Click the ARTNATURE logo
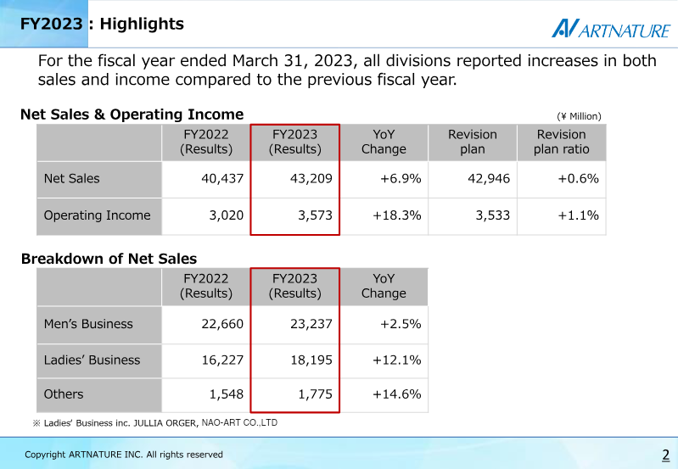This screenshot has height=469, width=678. [610, 30]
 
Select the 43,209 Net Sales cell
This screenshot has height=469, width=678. [309, 178]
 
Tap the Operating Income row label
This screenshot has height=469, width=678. [97, 215]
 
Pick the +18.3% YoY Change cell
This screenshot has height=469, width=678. [397, 215]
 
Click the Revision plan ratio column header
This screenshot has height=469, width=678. [561, 142]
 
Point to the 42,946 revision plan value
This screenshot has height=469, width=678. [488, 178]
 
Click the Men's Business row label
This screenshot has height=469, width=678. [88, 324]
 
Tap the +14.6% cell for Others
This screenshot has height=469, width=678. [397, 394]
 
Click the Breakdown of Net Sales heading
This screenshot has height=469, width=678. [109, 259]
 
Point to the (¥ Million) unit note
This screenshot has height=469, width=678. [579, 116]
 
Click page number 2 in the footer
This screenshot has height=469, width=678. [665, 455]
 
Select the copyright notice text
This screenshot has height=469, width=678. [124, 455]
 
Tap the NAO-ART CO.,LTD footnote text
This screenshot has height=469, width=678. [239, 422]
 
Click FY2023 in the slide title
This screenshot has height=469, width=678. [52, 25]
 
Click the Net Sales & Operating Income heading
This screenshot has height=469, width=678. [132, 114]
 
